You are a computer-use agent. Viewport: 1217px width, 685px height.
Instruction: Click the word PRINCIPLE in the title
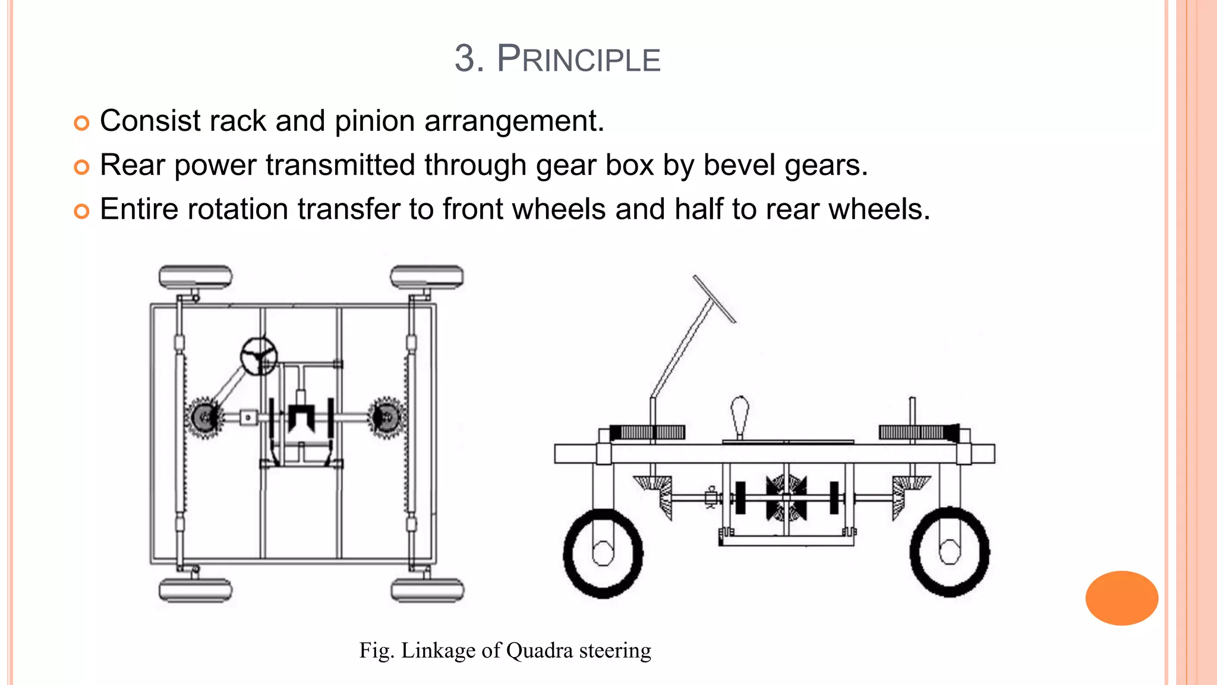(x=578, y=59)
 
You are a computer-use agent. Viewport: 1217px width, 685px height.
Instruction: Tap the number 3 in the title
(x=465, y=59)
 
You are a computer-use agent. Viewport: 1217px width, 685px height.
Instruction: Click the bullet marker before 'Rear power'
(x=81, y=167)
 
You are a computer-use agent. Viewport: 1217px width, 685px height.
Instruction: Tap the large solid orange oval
(x=1121, y=598)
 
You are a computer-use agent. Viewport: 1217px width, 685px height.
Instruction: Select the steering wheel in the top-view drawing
(x=258, y=356)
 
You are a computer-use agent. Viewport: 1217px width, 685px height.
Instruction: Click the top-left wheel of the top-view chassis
(x=195, y=277)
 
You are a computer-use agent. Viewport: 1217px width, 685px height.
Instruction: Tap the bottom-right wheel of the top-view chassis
(x=427, y=590)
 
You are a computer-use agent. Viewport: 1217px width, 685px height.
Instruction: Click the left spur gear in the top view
(x=204, y=418)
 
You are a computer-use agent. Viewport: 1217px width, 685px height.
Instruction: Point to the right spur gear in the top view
(x=386, y=418)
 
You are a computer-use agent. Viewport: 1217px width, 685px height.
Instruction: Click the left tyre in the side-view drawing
(x=603, y=553)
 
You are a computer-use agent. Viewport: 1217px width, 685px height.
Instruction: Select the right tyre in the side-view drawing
(x=950, y=552)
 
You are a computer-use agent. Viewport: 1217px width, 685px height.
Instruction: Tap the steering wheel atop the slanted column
(x=714, y=298)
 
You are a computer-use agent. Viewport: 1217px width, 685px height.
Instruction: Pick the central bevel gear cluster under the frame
(x=786, y=498)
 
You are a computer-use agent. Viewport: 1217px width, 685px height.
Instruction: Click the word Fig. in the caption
(x=376, y=651)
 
